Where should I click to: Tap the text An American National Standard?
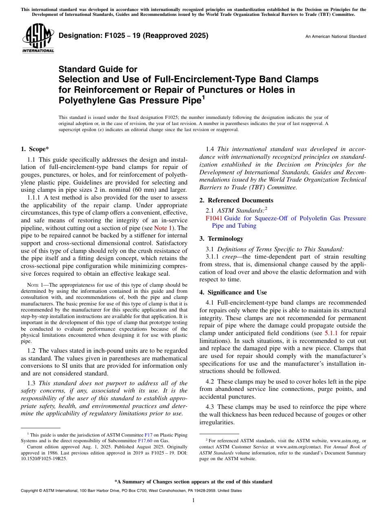[335, 37]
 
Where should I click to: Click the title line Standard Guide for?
[98, 69]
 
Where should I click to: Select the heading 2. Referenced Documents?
[236, 200]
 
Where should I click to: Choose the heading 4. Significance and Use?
[233, 292]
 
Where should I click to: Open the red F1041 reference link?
[214, 218]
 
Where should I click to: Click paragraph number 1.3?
[32, 383]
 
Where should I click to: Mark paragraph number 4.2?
[211, 382]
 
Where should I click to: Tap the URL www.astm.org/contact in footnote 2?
[295, 447]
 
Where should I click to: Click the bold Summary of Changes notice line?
[193, 482]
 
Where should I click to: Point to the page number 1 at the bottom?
[193, 500]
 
